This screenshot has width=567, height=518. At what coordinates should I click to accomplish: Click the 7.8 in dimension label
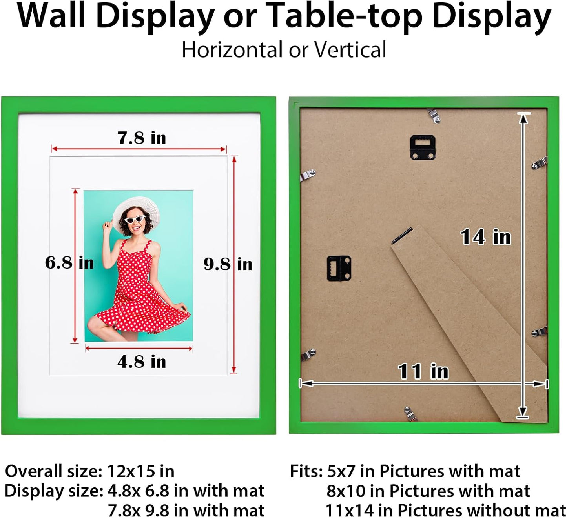pyautogui.click(x=142, y=138)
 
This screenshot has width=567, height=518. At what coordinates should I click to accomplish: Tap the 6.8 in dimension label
pyautogui.click(x=69, y=263)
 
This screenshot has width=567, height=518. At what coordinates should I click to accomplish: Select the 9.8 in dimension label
pyautogui.click(x=228, y=264)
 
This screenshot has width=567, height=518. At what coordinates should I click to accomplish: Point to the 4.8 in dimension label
pyautogui.click(x=142, y=362)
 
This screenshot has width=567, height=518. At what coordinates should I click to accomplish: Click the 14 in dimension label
pyautogui.click(x=486, y=237)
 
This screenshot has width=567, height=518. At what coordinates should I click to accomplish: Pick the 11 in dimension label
pyautogui.click(x=423, y=371)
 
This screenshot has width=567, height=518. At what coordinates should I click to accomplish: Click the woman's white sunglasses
pyautogui.click(x=135, y=220)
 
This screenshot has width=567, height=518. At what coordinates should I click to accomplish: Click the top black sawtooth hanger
pyautogui.click(x=422, y=147)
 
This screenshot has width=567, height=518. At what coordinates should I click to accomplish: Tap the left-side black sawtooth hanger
pyautogui.click(x=339, y=269)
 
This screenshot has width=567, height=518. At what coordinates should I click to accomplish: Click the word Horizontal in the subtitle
pyautogui.click(x=232, y=50)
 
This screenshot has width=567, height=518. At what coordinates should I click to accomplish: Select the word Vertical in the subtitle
pyautogui.click(x=350, y=50)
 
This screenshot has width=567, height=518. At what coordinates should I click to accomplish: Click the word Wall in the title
pyautogui.click(x=51, y=16)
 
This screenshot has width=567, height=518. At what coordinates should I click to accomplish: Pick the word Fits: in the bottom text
pyautogui.click(x=306, y=471)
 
